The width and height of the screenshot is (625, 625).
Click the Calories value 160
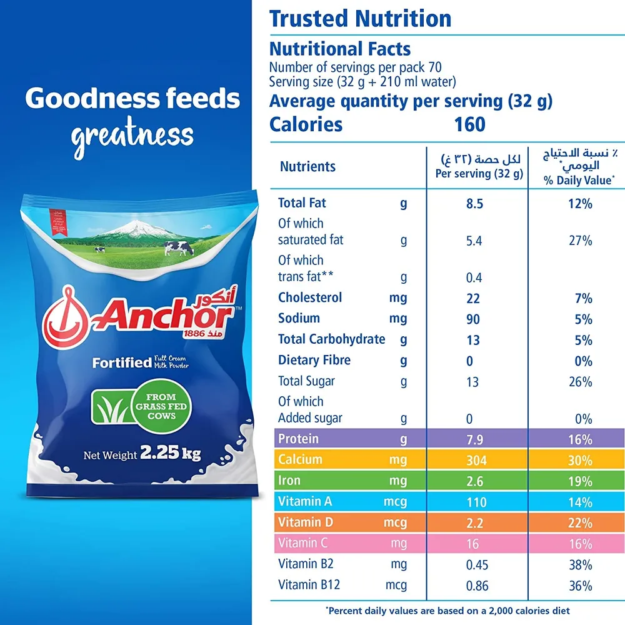(x=470, y=124)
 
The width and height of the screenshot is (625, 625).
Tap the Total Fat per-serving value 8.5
(x=473, y=204)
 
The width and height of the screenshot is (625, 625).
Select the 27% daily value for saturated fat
(x=580, y=241)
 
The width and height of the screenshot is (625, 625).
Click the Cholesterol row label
(x=310, y=297)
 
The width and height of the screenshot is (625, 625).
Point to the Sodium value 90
(x=473, y=319)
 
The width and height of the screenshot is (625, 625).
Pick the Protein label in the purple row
(x=298, y=439)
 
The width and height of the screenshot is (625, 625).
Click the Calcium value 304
(x=473, y=461)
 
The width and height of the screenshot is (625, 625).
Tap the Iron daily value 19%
(x=580, y=481)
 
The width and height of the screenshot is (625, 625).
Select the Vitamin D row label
(x=306, y=522)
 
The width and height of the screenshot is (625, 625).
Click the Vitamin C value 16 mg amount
(x=473, y=544)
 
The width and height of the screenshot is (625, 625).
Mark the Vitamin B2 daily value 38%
(x=580, y=565)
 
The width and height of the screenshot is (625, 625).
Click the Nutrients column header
(x=307, y=166)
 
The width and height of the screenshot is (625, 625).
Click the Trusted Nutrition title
(x=360, y=19)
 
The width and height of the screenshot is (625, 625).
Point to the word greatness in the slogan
(x=132, y=135)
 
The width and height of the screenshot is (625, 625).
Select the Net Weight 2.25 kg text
(x=142, y=454)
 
